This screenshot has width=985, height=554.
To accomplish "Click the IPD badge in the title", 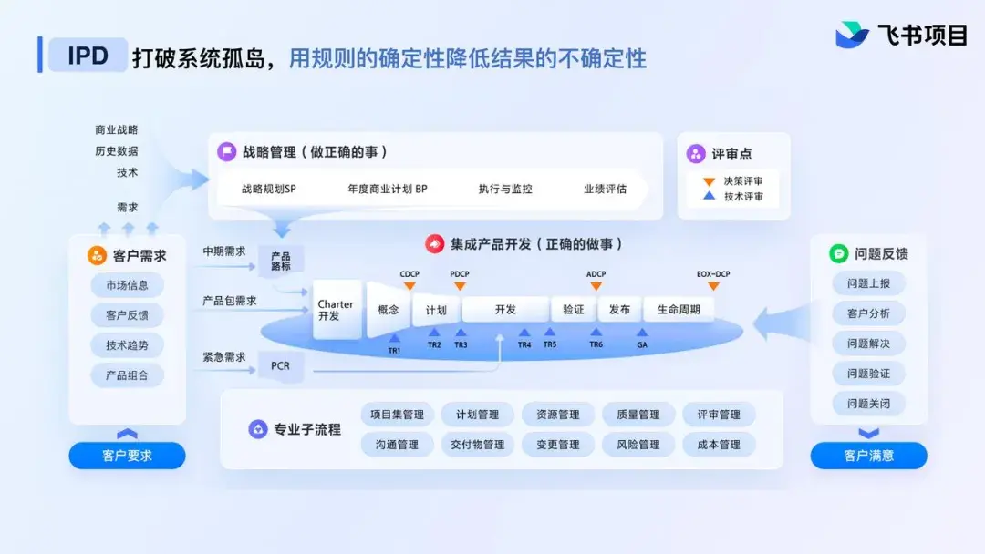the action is (88, 56).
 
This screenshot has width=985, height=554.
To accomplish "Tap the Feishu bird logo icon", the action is (852, 35).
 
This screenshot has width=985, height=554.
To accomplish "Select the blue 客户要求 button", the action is (127, 456).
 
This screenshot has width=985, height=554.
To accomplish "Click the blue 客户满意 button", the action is (868, 456).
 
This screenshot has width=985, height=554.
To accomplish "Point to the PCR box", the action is (280, 365).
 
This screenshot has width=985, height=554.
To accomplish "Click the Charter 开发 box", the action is (337, 309).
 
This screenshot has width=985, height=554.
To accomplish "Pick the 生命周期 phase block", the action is (679, 309).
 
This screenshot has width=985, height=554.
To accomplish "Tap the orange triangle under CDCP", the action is (410, 286).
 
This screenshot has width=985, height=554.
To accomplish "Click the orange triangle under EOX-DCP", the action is (713, 286).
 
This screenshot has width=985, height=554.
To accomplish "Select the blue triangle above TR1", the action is (395, 338).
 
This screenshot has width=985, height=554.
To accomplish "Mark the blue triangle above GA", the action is (642, 333).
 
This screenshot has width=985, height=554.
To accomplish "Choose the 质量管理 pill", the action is (638, 414).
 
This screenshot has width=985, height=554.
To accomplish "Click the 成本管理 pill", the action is (719, 445).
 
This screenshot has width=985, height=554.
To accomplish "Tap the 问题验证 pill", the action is (868, 374).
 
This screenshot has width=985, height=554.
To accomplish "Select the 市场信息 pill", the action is (127, 285).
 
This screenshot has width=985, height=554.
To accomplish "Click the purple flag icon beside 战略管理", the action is (226, 151).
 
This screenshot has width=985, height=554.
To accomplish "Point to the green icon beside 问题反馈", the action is (839, 253).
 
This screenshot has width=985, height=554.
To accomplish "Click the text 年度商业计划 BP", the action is (388, 189).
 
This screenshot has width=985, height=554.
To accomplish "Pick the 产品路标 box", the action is (281, 261).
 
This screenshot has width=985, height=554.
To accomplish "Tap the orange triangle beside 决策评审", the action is (709, 182).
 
